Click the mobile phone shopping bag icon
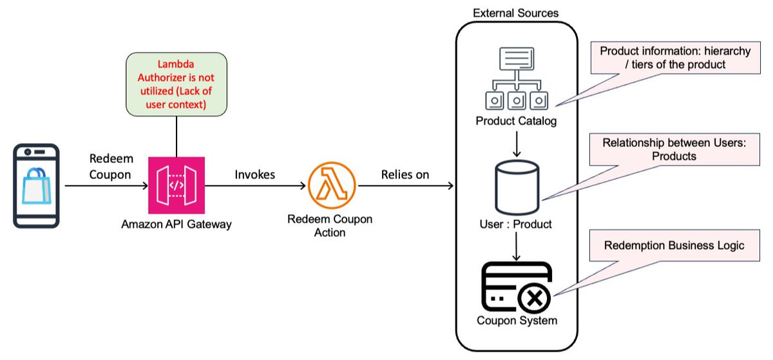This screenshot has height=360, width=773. tap(37, 185)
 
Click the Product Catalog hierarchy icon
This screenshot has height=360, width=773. tap(515, 80)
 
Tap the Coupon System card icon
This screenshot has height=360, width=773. tap(515, 286)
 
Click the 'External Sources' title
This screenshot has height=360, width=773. tap(515, 13)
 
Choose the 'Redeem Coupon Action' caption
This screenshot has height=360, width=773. tap(330, 226)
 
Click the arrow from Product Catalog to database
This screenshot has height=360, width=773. tap(515, 143)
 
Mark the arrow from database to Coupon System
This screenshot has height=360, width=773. tap(515, 246)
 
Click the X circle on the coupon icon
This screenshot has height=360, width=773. tap(534, 298)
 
